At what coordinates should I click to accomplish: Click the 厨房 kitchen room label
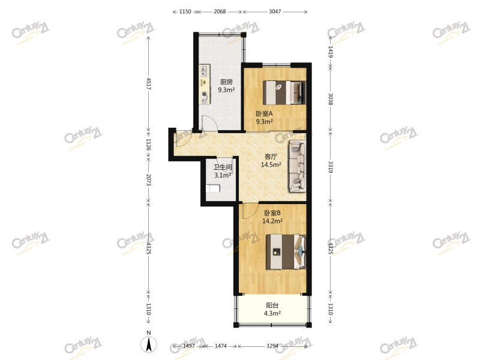[226, 82]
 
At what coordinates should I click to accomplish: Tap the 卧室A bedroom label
[264, 113]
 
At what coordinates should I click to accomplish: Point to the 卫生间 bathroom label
[223, 168]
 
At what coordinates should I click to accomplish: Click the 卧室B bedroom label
[272, 212]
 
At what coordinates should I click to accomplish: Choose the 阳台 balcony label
[272, 305]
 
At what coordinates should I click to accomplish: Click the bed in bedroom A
[286, 92]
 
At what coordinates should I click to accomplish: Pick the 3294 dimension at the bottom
[274, 347]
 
